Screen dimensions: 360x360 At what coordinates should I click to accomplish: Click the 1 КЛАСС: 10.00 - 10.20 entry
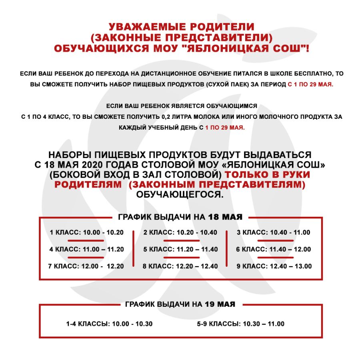point(87,232)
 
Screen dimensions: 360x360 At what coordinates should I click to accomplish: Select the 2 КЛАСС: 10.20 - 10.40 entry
point(180,232)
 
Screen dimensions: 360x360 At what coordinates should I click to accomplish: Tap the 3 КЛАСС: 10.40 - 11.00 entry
point(274,232)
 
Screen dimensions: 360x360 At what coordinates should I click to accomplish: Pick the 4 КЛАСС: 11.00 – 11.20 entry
point(87,249)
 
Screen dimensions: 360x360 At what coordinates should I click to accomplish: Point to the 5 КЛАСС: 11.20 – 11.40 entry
point(180,249)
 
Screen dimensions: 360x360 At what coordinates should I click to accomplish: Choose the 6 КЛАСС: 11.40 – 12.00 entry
point(274,249)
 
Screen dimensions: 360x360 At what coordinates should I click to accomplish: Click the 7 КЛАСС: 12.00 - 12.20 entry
point(86,266)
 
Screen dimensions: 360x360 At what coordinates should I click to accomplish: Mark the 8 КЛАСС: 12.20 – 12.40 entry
point(180,266)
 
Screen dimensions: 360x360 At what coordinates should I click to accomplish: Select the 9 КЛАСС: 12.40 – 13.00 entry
point(274,266)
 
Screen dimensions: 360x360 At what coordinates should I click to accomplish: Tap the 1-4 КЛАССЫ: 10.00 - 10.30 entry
point(109,324)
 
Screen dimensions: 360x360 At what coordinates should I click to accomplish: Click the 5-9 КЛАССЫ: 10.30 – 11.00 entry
point(240,324)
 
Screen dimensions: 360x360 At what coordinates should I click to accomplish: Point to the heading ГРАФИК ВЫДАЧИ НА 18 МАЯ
point(180,217)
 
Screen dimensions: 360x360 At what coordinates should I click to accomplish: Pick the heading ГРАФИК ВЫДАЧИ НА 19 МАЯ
point(180,304)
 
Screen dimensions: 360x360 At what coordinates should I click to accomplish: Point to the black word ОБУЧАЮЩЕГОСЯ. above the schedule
point(180,195)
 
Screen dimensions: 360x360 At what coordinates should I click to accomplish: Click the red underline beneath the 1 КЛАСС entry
point(86,241)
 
